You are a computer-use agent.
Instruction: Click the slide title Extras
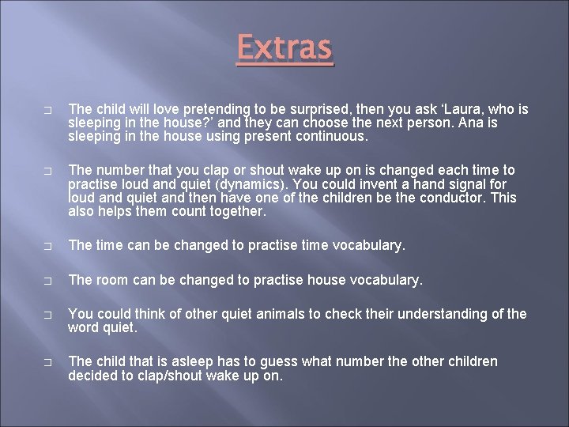tap(284, 48)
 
